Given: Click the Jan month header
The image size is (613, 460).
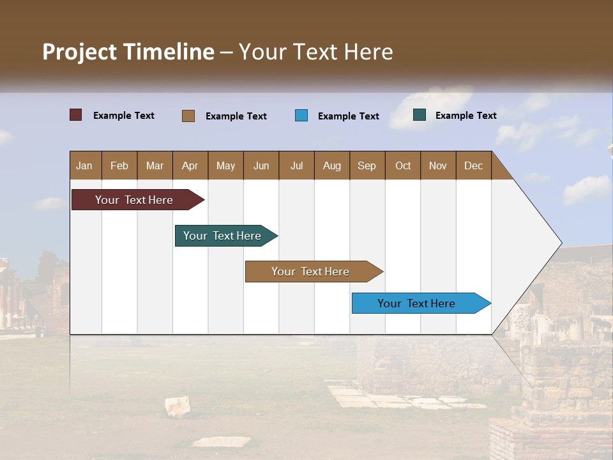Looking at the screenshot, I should [85, 165].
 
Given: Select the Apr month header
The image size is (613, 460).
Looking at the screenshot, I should [190, 165].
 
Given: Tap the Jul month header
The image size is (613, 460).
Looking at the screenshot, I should [296, 165].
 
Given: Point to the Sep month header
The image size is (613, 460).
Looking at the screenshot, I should [367, 165].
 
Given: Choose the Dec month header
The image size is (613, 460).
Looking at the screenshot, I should [473, 165].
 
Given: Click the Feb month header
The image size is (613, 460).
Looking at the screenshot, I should [119, 165].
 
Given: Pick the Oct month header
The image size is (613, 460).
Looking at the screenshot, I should [403, 165].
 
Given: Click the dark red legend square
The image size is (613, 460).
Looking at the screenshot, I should [76, 115].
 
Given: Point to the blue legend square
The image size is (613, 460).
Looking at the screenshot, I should [301, 115].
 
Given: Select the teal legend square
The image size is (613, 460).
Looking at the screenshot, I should [420, 115].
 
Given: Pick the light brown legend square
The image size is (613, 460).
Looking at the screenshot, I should [188, 116].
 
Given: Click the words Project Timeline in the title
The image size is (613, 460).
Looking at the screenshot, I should [128, 52].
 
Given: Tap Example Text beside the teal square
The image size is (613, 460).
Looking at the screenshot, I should [465, 116].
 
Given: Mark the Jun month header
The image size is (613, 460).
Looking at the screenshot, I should [261, 165].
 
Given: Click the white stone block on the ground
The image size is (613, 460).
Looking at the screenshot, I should [178, 406].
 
